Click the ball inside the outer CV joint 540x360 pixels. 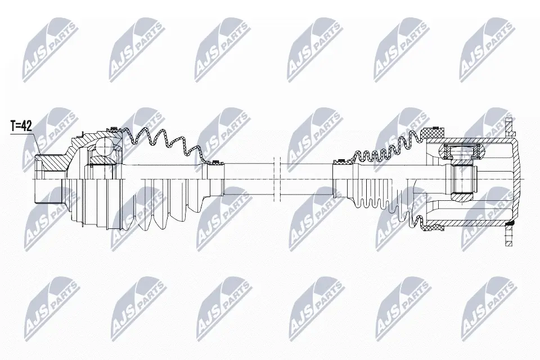pos(104,148)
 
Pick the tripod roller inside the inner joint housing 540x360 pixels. pos(461,151)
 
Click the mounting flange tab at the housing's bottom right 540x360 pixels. pos(510,239)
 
